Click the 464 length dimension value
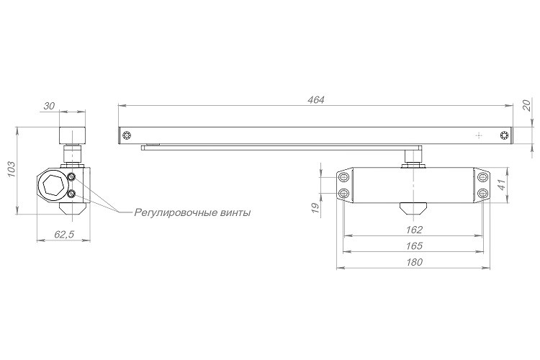point(314,100)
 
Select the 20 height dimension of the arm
point(526,105)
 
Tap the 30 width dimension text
point(50,106)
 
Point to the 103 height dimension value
point(11,169)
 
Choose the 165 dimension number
point(414,246)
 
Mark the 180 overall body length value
point(414,262)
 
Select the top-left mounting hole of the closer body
point(343,177)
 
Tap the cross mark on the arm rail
point(477,135)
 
